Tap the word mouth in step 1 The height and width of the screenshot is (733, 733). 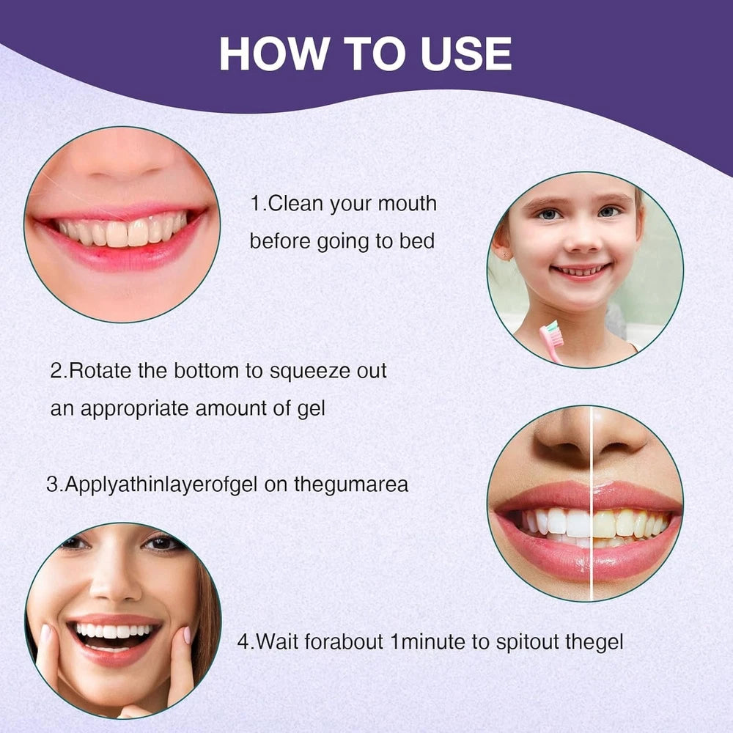click(x=407, y=204)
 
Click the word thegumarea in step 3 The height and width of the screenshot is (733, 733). click(x=351, y=485)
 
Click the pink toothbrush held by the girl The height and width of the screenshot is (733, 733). click(x=551, y=340)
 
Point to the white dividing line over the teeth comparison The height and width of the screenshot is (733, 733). click(x=592, y=503)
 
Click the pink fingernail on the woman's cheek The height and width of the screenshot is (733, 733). click(x=186, y=635)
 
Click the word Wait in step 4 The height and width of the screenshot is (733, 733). click(x=278, y=641)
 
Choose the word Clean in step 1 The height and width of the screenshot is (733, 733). click(x=296, y=204)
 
